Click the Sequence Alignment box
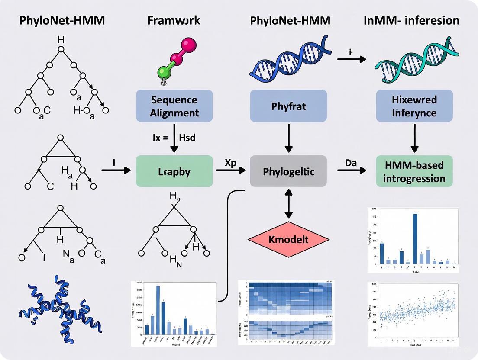[174, 106]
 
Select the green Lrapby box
[174, 171]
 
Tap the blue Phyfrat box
[288, 106]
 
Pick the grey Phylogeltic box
[288, 171]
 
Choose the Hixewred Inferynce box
[414, 106]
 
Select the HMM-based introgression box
[414, 171]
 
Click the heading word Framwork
[174, 20]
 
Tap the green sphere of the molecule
[164, 71]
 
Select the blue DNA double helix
[288, 65]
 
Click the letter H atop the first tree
[61, 40]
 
